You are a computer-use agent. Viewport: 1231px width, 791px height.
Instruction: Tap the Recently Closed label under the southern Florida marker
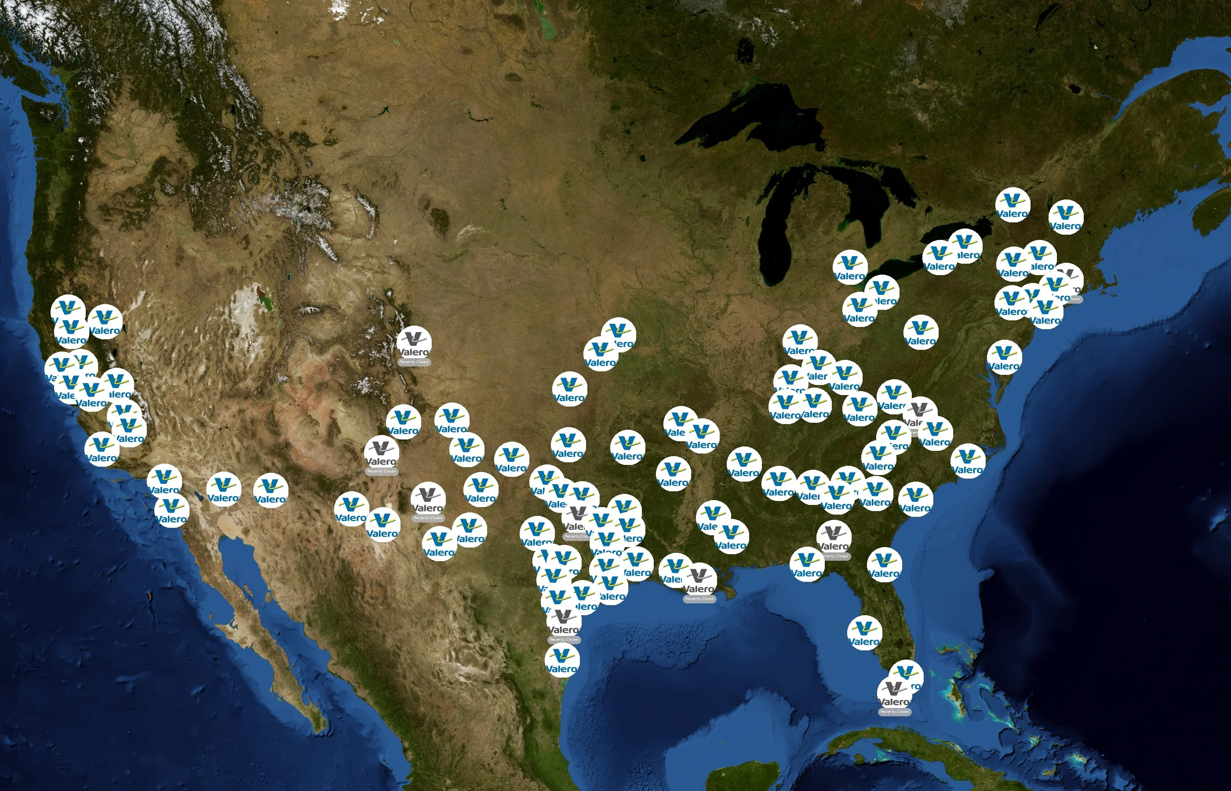(x=895, y=711)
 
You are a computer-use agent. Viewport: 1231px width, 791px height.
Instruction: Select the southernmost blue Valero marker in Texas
(x=562, y=660)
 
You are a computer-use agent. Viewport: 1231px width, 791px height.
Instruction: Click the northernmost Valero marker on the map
(x=1012, y=205)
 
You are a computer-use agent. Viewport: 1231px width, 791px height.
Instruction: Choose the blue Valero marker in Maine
(x=1066, y=217)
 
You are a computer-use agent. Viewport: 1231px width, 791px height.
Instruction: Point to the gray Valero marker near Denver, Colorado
(x=414, y=343)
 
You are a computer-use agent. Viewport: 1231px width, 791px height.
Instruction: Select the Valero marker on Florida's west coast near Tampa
(x=864, y=633)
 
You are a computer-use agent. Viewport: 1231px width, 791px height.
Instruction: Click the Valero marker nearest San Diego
(x=171, y=511)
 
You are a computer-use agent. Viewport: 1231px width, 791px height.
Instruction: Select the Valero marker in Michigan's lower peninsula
(x=850, y=267)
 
